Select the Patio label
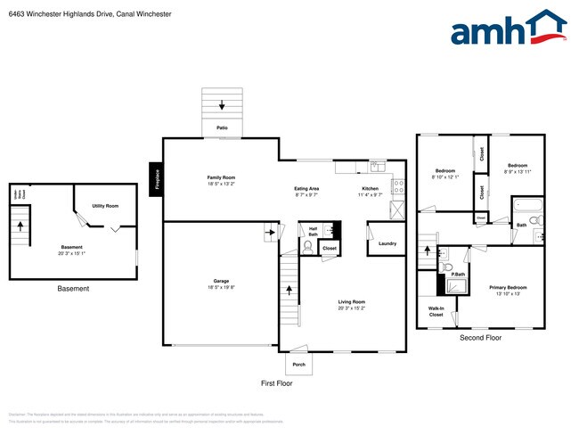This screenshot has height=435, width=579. [222, 128]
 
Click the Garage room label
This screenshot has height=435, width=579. [221, 281]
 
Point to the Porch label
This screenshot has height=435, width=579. [298, 365]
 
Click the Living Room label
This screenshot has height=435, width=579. [352, 302]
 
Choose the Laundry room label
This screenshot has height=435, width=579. [387, 243]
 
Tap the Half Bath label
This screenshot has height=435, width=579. [313, 231]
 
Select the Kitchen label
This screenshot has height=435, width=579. [371, 189]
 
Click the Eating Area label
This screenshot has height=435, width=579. [307, 189]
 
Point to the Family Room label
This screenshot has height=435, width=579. [221, 177]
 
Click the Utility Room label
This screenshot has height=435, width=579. [105, 206]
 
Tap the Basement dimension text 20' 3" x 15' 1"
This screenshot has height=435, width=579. [71, 253]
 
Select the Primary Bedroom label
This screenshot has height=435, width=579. [508, 287]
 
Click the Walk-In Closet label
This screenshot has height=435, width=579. [436, 312]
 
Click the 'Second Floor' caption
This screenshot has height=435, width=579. [480, 339]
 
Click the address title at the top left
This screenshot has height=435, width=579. [90, 14]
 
